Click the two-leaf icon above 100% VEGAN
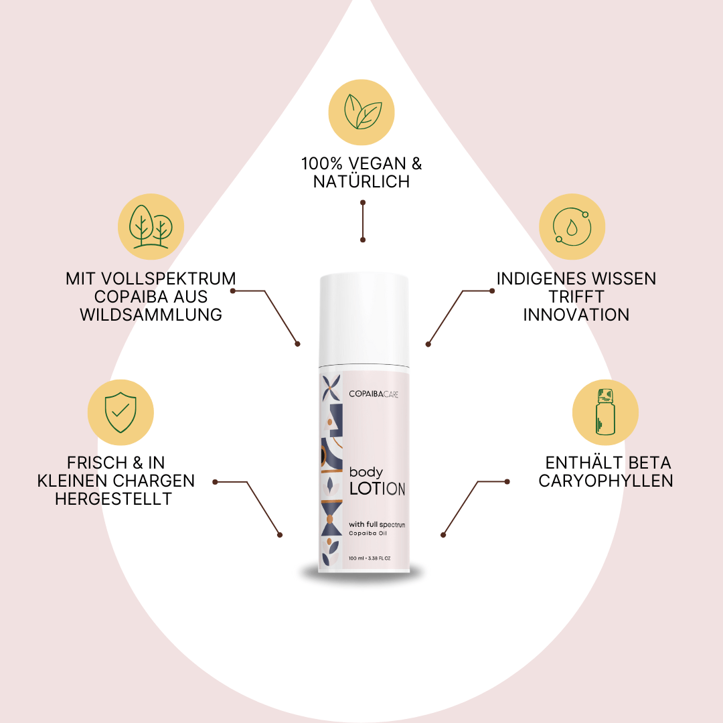point(363,112)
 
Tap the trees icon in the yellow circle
point(151,226)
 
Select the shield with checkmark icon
point(120,412)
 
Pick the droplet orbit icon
point(572,226)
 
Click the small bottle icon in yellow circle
point(605,412)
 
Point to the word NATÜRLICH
point(361,181)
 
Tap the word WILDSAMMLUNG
point(151,315)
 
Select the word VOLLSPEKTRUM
point(168,279)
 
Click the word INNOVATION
point(576,315)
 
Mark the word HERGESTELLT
point(113,499)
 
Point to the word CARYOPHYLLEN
point(606,481)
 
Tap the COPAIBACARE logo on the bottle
point(374,394)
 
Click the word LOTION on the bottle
point(377,489)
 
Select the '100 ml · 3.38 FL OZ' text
point(370,558)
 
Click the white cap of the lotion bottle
point(364,320)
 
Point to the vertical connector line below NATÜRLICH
point(363,222)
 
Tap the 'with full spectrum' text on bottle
point(377,525)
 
